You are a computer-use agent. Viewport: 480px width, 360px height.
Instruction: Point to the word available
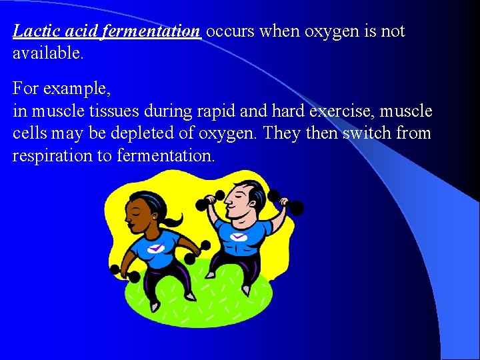point(48,53)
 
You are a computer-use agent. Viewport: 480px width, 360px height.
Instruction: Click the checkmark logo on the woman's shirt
point(155,248)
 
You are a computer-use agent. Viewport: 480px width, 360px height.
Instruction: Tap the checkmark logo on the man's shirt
point(238,236)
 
